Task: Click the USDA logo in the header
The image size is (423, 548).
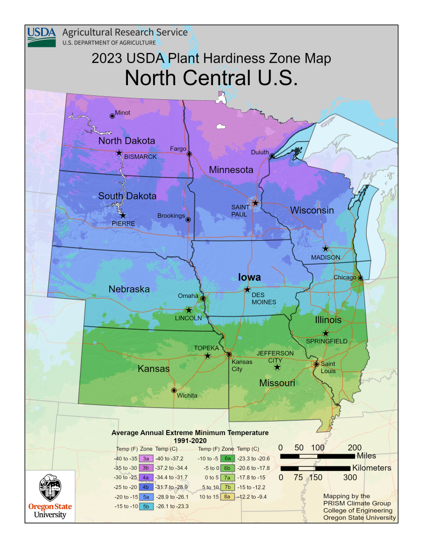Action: tap(41, 37)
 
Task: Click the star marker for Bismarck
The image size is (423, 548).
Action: tap(119, 153)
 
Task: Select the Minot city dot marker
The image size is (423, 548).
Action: tap(112, 116)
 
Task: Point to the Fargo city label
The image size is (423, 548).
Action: tap(178, 149)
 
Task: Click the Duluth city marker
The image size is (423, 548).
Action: tap(272, 156)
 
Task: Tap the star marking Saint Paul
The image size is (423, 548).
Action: tap(255, 203)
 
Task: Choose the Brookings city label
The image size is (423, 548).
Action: tap(171, 216)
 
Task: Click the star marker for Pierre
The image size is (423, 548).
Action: tap(123, 215)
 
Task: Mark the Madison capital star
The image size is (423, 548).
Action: tap(325, 249)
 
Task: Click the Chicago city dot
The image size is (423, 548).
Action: tap(361, 278)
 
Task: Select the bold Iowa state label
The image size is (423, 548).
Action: tap(249, 277)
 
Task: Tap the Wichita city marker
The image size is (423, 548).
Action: tap(174, 390)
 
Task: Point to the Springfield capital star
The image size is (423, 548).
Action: tap(326, 333)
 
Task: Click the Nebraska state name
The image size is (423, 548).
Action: tap(129, 289)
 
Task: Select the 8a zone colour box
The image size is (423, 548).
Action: tap(228, 496)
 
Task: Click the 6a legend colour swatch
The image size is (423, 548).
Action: tap(228, 458)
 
